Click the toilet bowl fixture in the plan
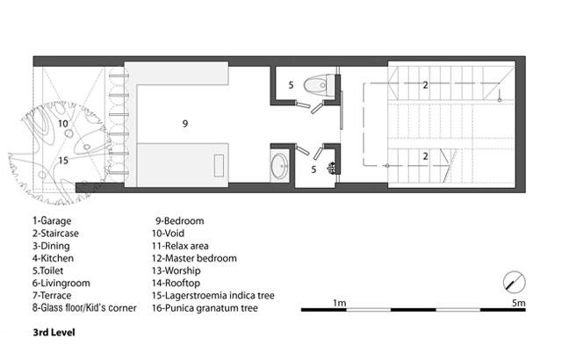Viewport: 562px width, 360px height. pos(319,85)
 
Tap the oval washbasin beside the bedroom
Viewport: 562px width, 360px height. pos(279,166)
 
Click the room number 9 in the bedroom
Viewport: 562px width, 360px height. pos(185,124)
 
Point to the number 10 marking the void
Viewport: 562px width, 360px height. pos(63,124)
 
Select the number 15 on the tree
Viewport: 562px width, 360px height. pos(63,161)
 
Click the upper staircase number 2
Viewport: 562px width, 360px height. pos(425,85)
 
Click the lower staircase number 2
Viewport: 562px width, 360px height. pos(425,156)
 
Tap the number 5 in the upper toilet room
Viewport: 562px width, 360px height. pos(291,85)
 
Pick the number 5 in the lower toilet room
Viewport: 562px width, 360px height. pos(313,169)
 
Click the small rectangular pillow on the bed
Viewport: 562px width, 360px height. pos(219,165)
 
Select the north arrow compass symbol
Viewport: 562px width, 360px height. pos(515,282)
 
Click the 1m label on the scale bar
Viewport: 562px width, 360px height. pos(340,303)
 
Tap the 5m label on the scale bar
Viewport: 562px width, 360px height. pos(518,303)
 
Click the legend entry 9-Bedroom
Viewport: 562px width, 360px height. pos(179,220)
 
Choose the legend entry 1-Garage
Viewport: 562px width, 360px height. pos(52,220)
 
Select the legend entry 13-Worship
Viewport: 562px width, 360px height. pos(176,270)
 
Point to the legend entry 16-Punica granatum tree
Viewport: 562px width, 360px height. pos(205,308)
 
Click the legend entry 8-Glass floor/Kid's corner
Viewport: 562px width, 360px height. pos(84,308)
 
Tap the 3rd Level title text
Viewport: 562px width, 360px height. pos(54,333)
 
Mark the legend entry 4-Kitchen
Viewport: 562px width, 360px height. pos(53,258)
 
